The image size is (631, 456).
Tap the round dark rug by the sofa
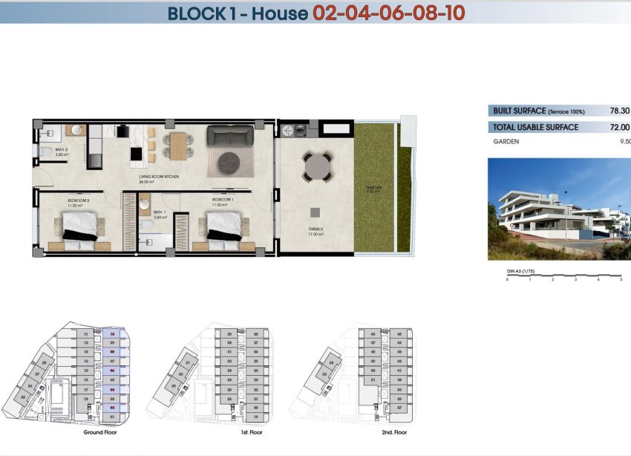[x=229, y=160]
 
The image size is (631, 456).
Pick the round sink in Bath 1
[x=144, y=205]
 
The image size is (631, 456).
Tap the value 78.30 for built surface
[x=619, y=111]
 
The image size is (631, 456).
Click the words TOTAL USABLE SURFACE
[x=535, y=127]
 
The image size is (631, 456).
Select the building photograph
[x=559, y=209]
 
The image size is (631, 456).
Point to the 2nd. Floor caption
[x=393, y=431]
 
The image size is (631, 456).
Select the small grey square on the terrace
[x=314, y=212]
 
